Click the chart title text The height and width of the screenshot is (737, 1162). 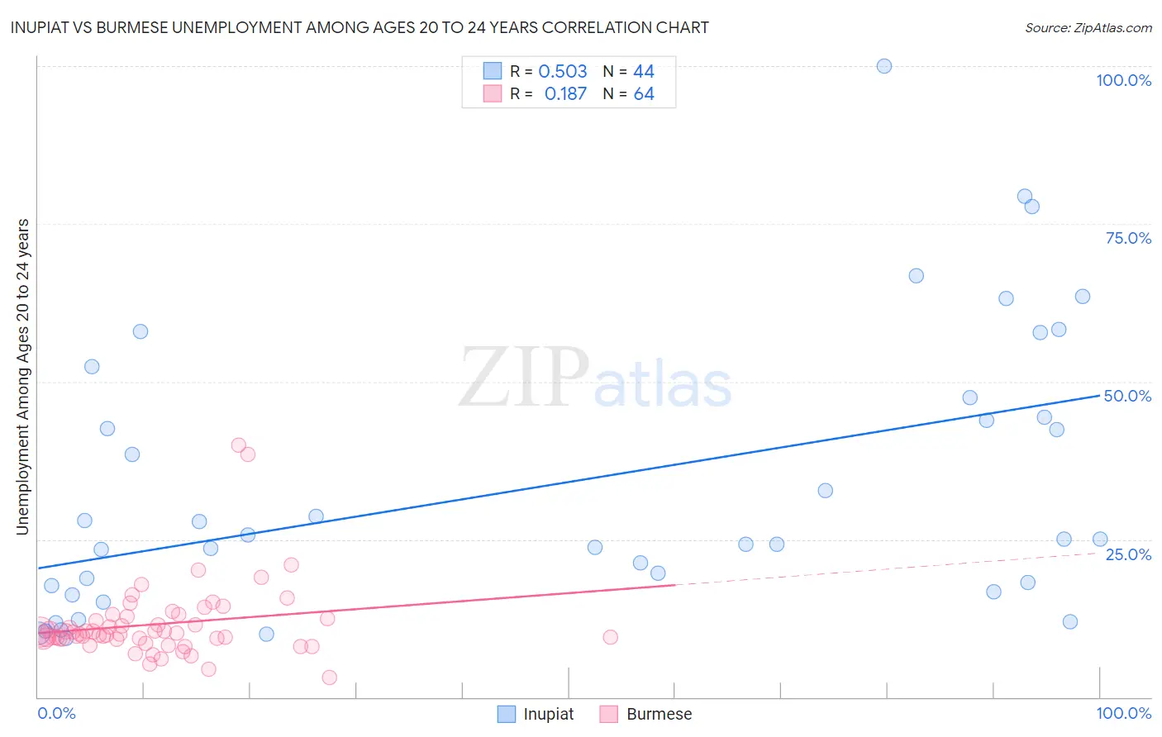pyautogui.click(x=360, y=27)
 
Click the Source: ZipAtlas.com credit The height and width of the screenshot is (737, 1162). pyautogui.click(x=1088, y=27)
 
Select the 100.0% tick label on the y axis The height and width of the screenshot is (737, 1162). pyautogui.click(x=1123, y=80)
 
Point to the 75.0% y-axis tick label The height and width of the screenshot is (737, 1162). pyautogui.click(x=1128, y=238)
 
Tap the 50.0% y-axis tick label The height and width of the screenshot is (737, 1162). pyautogui.click(x=1127, y=396)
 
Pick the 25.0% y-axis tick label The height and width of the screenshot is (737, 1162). pyautogui.click(x=1128, y=554)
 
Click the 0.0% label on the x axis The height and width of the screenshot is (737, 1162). pyautogui.click(x=56, y=713)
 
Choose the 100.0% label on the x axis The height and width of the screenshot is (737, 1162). pyautogui.click(x=1123, y=713)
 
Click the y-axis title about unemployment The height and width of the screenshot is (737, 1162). pyautogui.click(x=23, y=376)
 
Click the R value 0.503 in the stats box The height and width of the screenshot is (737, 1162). pyautogui.click(x=562, y=71)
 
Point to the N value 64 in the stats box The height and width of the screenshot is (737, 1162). pyautogui.click(x=644, y=93)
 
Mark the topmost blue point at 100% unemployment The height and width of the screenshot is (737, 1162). pyautogui.click(x=884, y=66)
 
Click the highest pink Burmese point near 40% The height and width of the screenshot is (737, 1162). pyautogui.click(x=239, y=445)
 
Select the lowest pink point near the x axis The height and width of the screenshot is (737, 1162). pyautogui.click(x=329, y=678)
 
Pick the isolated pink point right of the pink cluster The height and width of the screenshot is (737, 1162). pyautogui.click(x=611, y=637)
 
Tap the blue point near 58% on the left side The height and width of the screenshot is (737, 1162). pyautogui.click(x=140, y=331)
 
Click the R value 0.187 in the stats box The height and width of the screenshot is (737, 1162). pyautogui.click(x=565, y=93)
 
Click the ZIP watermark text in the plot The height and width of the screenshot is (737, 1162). pyautogui.click(x=523, y=378)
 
